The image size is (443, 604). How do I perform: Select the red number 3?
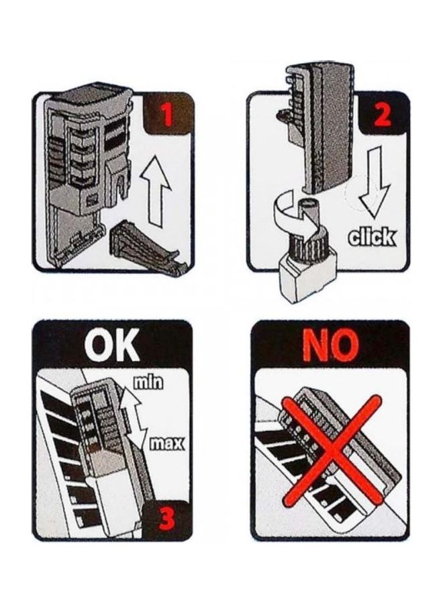pos(168,519)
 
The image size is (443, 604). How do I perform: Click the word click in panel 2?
pos(371,237)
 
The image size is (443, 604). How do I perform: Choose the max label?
pos(166,444)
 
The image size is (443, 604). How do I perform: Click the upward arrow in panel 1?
pos(155,189)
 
